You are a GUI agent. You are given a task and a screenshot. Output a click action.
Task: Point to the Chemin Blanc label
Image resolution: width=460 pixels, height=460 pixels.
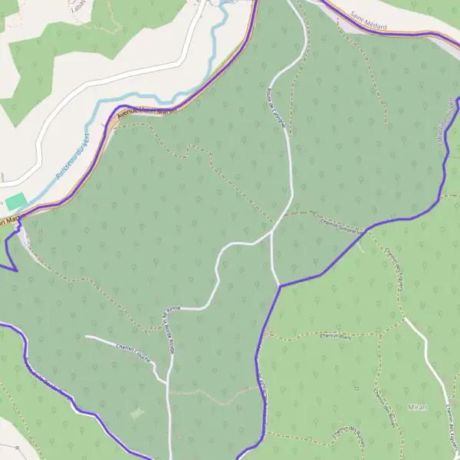click(334, 336)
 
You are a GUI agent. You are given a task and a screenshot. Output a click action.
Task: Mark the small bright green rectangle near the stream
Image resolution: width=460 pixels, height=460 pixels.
click(16, 202)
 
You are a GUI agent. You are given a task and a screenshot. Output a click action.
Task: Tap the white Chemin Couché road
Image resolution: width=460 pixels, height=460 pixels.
click(115, 342)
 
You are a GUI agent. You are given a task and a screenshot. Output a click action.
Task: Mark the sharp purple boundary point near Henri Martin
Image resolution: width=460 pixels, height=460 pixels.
click(15, 269)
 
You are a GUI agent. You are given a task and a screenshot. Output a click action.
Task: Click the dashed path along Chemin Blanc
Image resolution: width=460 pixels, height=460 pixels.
click(307, 335)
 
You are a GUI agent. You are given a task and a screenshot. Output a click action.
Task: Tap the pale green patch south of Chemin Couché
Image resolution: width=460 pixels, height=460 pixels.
click(136, 413)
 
